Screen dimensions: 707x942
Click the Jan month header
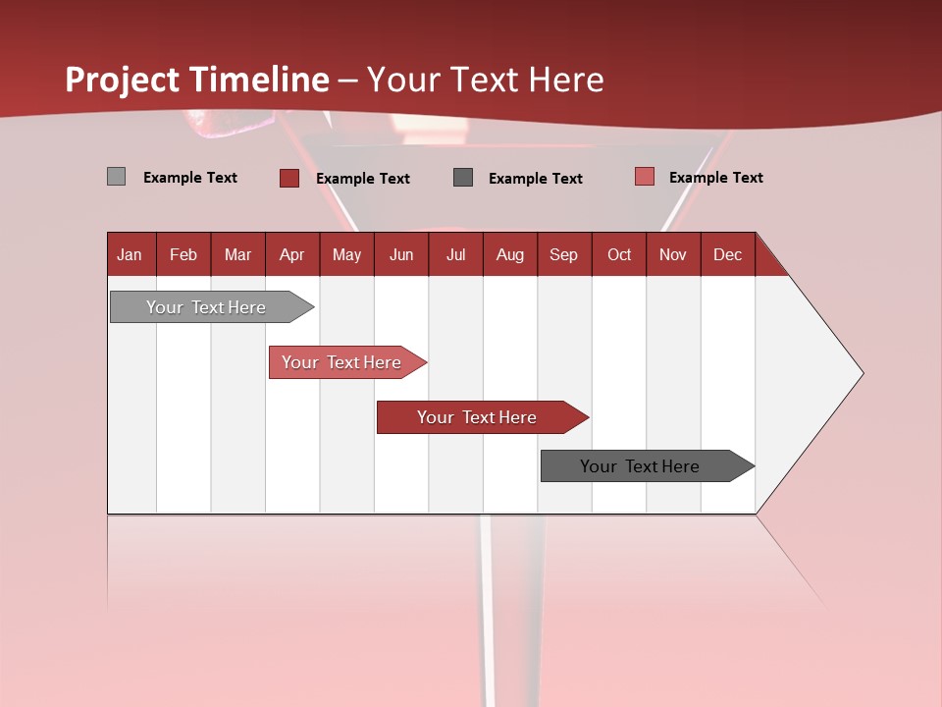130,254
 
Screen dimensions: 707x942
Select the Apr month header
291,254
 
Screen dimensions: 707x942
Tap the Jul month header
455,254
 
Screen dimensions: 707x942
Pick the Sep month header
563,254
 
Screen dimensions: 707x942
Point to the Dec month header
727,254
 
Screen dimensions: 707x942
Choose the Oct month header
619,254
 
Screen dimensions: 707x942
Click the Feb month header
183,254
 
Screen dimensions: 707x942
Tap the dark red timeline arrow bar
478,417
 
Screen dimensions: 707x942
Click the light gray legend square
117,177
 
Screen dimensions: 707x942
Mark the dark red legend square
289,178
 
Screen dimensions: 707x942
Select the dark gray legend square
463,178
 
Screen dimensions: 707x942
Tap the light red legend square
644,177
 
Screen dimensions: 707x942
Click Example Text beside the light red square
715,178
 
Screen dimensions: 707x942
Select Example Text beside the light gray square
190,178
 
